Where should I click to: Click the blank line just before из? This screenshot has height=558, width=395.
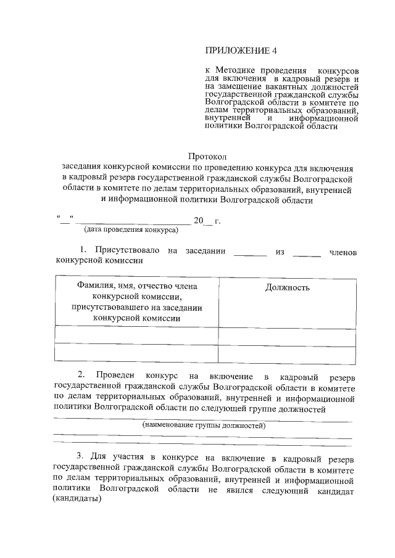click(x=251, y=253)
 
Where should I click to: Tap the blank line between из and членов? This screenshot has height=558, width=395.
click(x=307, y=253)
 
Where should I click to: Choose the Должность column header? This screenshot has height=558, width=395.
click(x=288, y=287)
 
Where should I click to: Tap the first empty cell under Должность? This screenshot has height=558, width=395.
click(x=288, y=334)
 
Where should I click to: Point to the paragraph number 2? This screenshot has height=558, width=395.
click(x=81, y=375)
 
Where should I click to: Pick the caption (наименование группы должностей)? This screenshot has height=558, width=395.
click(x=203, y=426)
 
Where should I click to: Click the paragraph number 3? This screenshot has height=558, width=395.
click(x=80, y=457)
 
